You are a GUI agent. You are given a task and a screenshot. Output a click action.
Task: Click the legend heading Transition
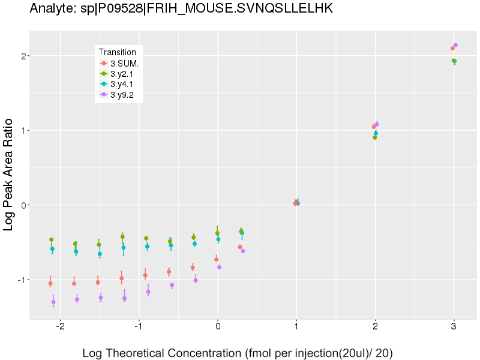pyautogui.click(x=121, y=52)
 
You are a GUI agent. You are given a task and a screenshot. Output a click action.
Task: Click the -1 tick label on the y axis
pyautogui.click(x=20, y=280)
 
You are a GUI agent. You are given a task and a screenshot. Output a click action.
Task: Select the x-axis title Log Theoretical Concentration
pyautogui.click(x=237, y=353)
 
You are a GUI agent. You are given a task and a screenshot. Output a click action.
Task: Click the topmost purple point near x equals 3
pyautogui.click(x=455, y=45)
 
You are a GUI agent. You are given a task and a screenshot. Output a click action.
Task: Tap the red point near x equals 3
pyautogui.click(x=452, y=49)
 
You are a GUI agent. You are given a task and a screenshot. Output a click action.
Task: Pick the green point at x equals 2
pyautogui.click(x=374, y=137)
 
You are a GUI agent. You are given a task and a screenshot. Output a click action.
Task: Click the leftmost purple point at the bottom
pyautogui.click(x=53, y=302)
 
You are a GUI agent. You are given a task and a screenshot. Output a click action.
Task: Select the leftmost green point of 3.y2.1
pyautogui.click(x=52, y=239)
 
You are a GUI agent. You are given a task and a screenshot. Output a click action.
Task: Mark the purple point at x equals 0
pyautogui.click(x=219, y=267)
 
